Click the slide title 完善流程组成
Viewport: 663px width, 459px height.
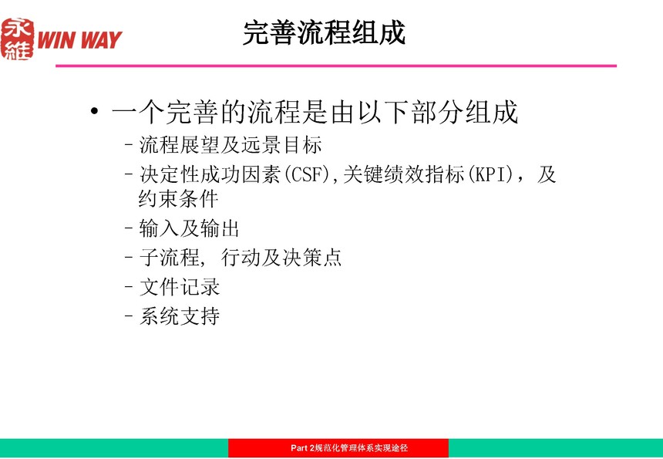pos(325,32)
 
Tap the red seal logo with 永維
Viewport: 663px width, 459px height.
pos(17,39)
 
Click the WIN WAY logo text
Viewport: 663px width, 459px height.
pos(79,40)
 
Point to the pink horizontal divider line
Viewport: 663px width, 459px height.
pos(336,66)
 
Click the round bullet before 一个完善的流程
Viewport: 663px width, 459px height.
pos(95,111)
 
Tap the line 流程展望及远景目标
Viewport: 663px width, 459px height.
pos(231,145)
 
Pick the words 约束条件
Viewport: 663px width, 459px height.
pos(178,199)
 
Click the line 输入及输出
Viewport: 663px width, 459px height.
pos(189,229)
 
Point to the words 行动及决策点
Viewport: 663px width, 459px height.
pos(281,258)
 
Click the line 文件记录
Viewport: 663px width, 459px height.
pos(180,287)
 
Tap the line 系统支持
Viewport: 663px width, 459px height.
pos(180,316)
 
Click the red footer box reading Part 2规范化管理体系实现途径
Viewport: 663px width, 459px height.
pos(338,448)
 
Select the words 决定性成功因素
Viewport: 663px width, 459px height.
pos(210,174)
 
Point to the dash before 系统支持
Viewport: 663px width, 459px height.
pos(129,316)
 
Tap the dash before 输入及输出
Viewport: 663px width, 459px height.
pos(129,228)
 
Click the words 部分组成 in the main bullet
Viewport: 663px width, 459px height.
pos(465,112)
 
